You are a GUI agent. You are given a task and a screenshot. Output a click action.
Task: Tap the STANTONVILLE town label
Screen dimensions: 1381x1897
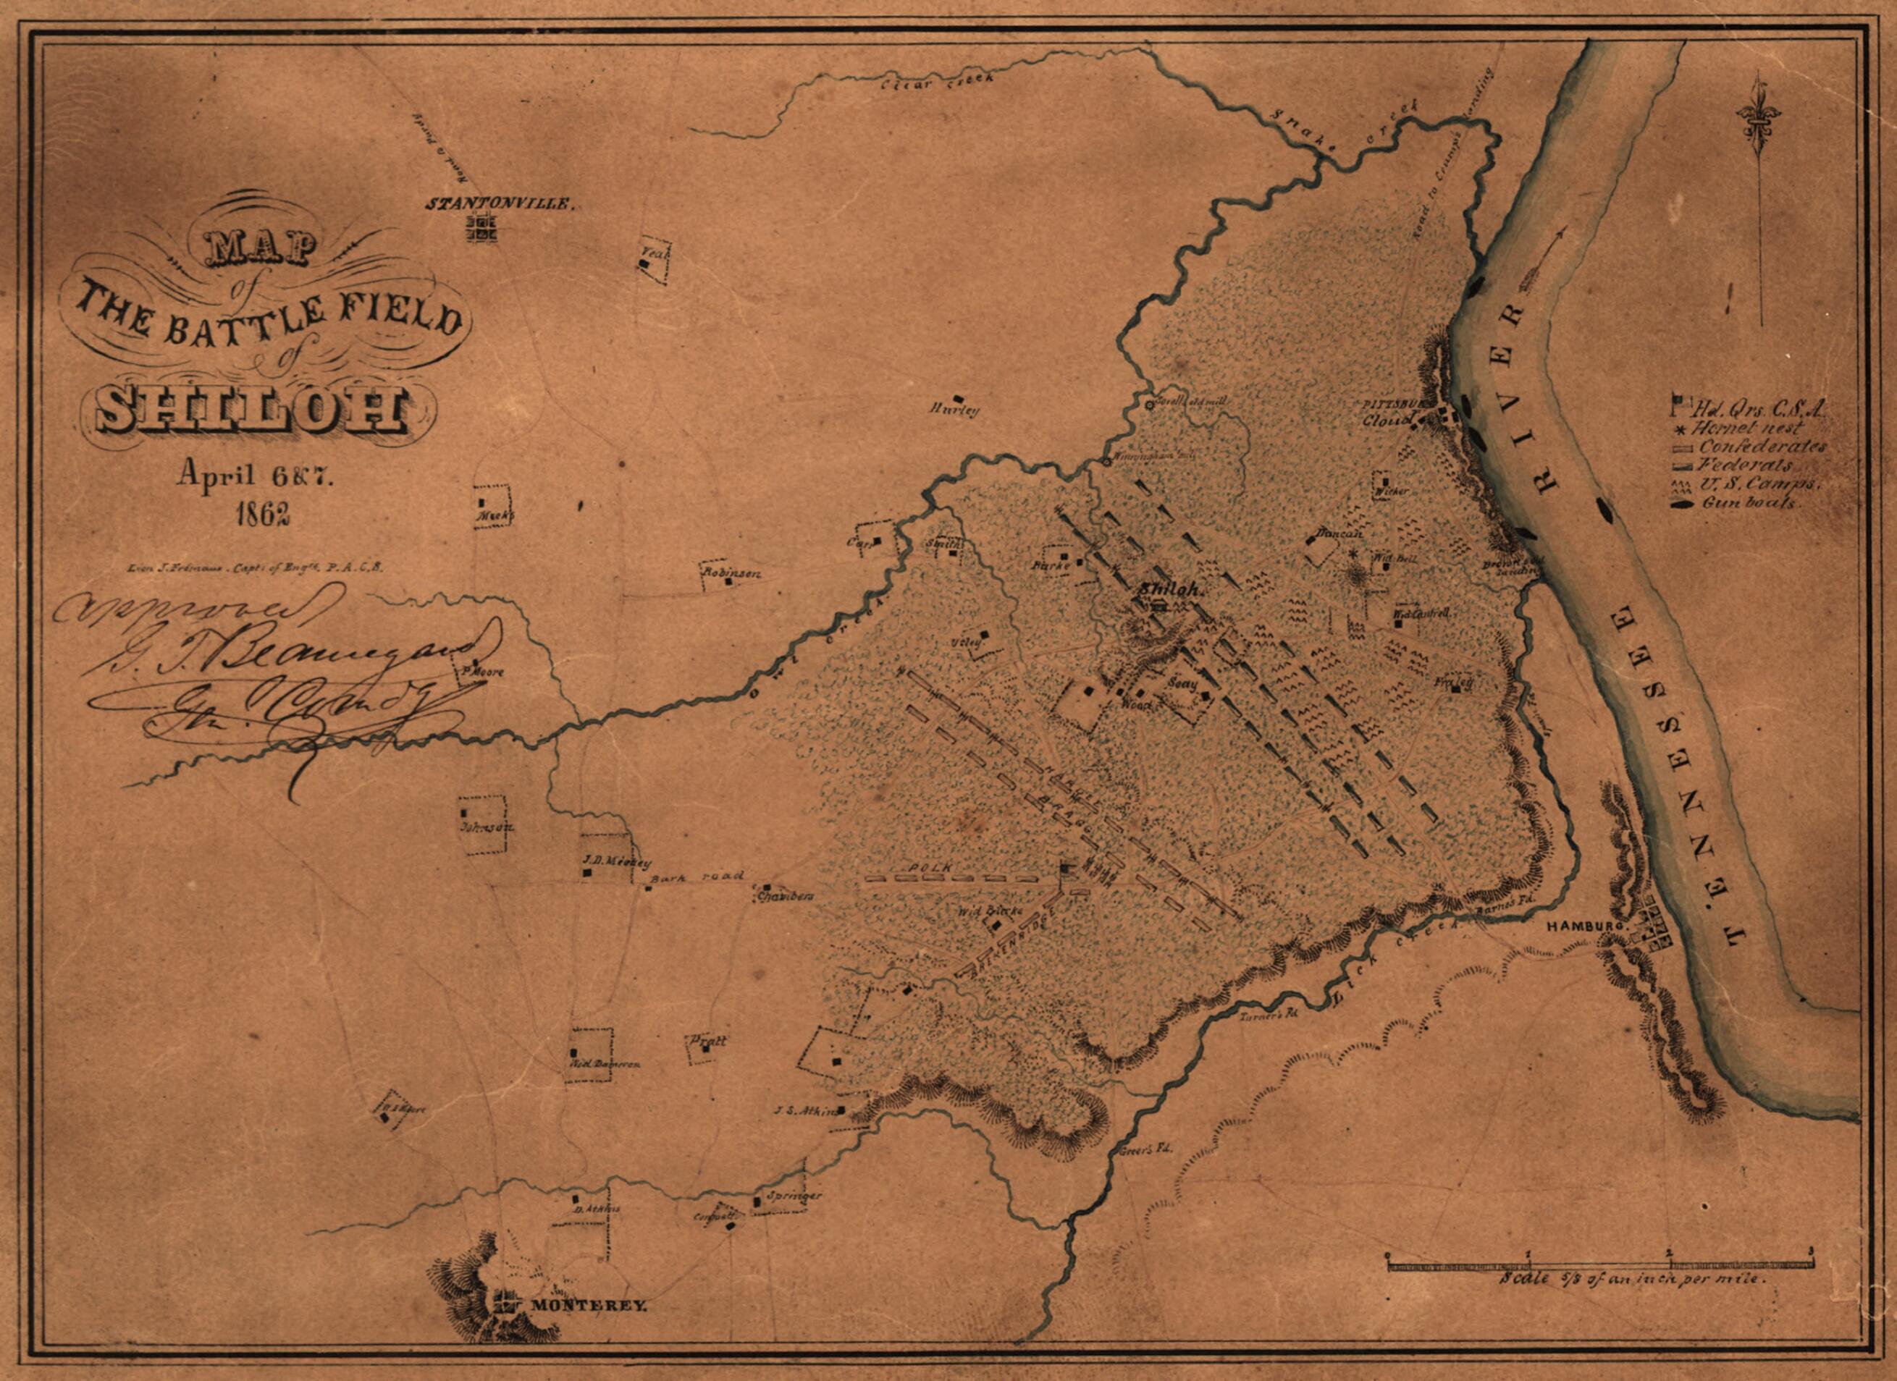click(500, 203)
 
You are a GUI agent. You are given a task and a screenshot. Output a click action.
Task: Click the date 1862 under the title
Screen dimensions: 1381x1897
click(263, 514)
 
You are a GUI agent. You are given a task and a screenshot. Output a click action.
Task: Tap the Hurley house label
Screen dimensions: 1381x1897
click(953, 410)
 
